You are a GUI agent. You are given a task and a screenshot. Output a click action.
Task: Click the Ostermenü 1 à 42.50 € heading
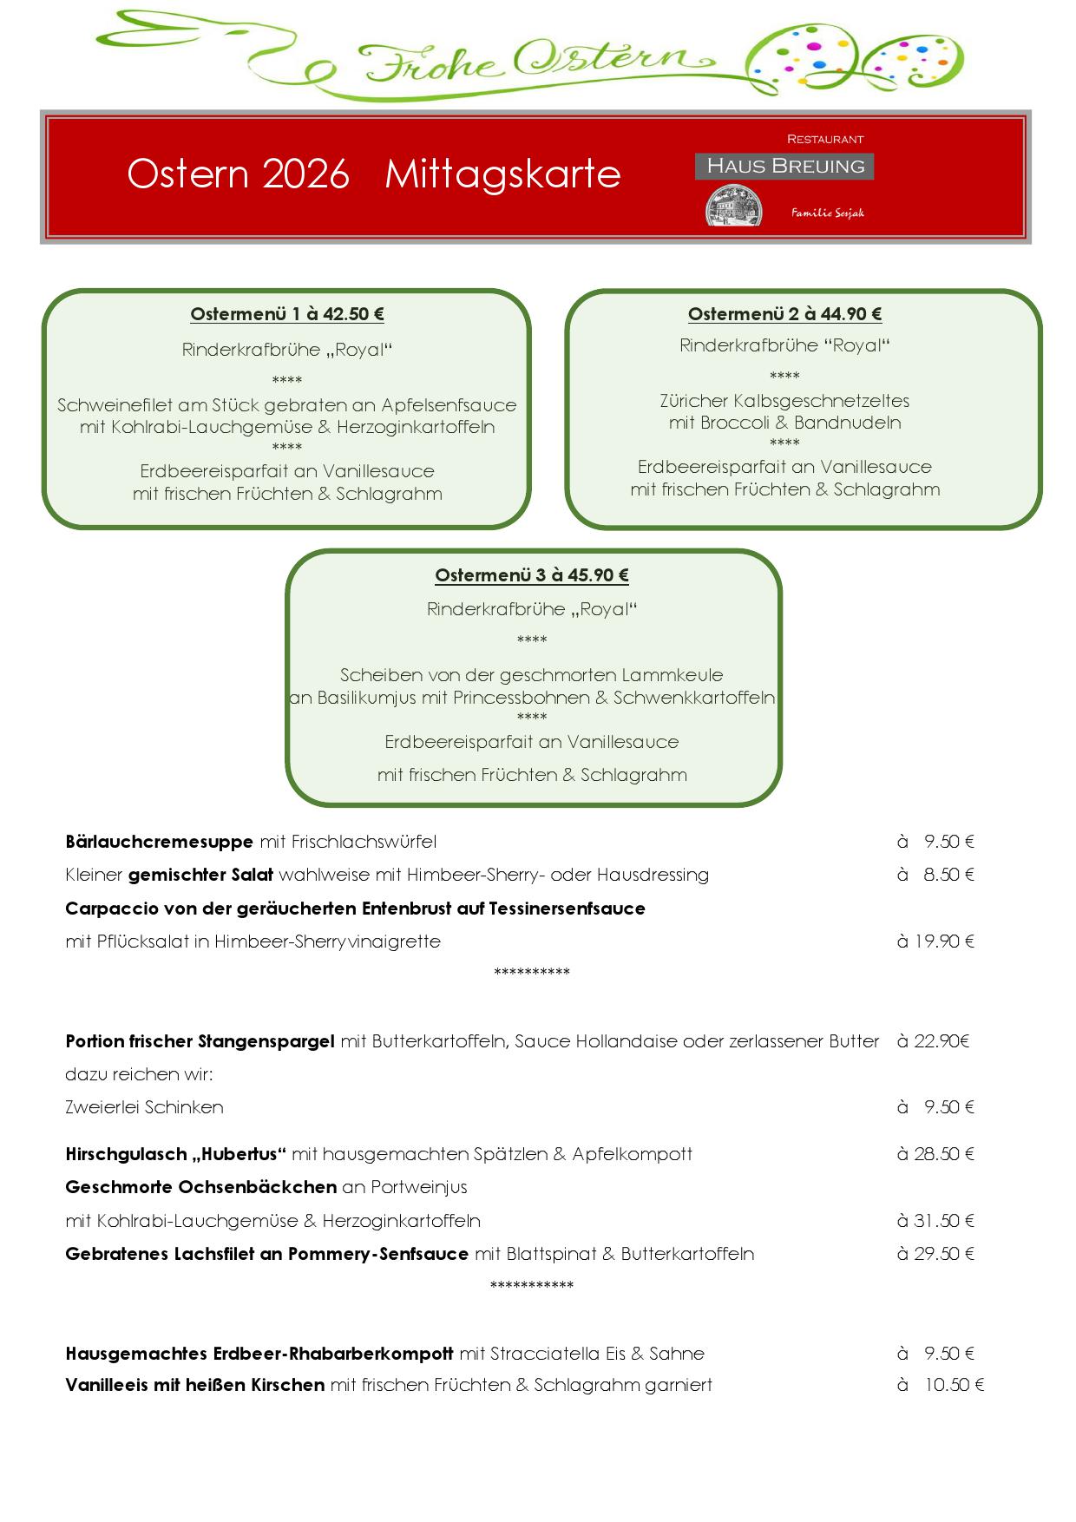pos(287,314)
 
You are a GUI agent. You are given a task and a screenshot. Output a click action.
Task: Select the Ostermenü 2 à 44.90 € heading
pos(784,314)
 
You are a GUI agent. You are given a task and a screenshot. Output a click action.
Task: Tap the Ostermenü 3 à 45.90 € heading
pos(532,575)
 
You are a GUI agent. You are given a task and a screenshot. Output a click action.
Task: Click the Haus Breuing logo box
pos(784,166)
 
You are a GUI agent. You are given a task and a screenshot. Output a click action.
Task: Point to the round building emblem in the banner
pos(734,208)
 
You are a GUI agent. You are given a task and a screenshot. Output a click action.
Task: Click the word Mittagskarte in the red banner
pos(502,174)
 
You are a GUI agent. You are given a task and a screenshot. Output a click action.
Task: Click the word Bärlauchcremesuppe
pos(159,842)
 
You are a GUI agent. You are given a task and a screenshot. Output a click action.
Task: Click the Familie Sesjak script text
pos(827,213)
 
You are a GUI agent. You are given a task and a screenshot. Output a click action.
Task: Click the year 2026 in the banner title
pos(305,174)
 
